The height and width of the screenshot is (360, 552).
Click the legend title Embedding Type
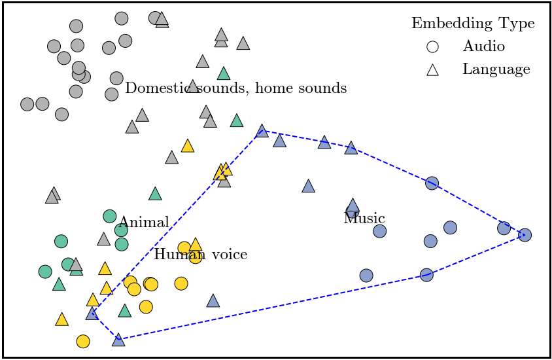click(472, 24)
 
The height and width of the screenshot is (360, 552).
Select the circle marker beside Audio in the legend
click(432, 46)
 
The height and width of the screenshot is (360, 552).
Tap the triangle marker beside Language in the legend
click(432, 69)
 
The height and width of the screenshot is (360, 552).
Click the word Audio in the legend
click(483, 46)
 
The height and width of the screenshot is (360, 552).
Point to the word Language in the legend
click(496, 69)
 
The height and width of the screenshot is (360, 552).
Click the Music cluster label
click(364, 219)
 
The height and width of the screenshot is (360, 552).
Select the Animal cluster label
click(144, 223)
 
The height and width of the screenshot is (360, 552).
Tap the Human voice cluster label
click(200, 254)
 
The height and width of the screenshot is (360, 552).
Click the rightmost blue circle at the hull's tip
click(525, 234)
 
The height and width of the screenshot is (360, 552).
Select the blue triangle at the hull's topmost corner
click(262, 131)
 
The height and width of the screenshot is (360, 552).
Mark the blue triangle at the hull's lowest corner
click(118, 340)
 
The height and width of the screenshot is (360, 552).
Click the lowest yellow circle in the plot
click(83, 341)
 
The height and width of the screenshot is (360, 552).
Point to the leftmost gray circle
click(27, 104)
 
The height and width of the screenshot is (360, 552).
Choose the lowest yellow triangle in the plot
click(61, 319)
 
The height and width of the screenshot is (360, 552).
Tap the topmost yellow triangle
click(188, 146)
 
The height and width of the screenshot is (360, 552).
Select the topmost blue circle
click(432, 183)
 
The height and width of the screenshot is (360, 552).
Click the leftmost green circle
click(45, 271)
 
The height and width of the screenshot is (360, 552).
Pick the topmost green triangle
click(224, 73)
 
